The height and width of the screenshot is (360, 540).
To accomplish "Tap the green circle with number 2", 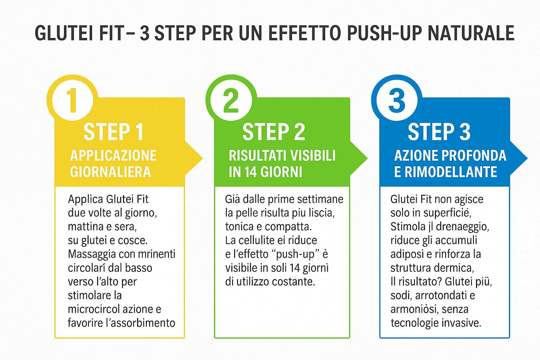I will [231, 100].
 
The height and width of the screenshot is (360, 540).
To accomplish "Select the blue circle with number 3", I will [397, 100].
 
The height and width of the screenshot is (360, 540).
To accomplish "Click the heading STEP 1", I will [113, 132].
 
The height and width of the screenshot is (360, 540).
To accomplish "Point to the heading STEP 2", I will [274, 132].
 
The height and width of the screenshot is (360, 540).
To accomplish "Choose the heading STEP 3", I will [439, 132].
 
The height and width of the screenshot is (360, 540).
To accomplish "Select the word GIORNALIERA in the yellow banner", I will [110, 172].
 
